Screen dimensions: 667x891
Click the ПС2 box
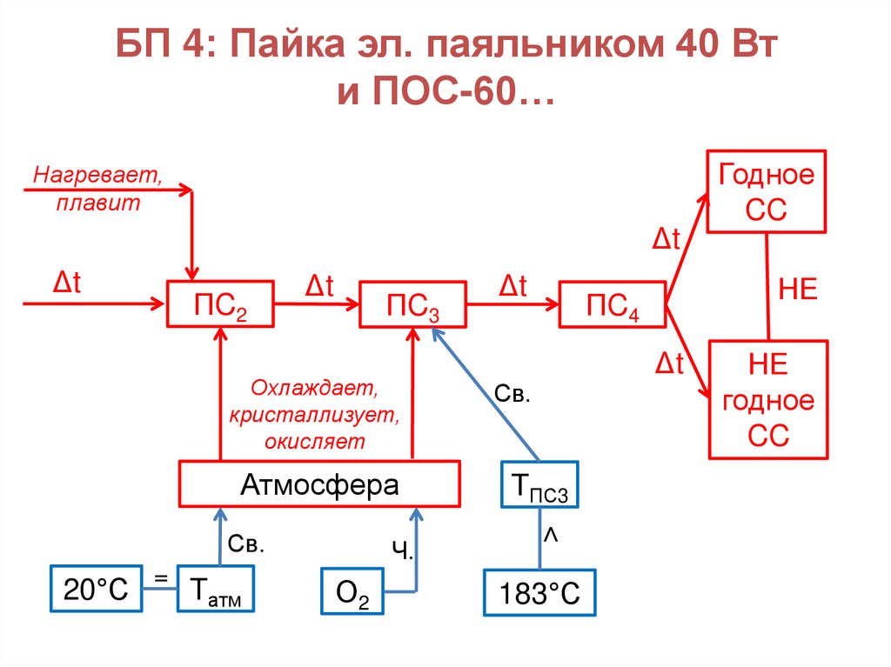tap(220, 303)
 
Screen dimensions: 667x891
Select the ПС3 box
tap(412, 303)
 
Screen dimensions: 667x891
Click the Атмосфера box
tap(319, 484)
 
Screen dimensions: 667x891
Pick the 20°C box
tap(96, 590)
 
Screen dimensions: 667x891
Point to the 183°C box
tap(539, 593)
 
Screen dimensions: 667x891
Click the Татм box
tap(216, 590)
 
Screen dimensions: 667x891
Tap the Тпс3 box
tap(538, 485)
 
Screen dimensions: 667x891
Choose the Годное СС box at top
tap(767, 191)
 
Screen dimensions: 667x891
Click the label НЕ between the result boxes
tap(798, 289)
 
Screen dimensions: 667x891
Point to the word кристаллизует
tap(314, 414)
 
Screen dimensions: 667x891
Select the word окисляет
tap(316, 442)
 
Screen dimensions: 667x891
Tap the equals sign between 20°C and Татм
tap(160, 577)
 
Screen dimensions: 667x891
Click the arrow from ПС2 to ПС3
tap(317, 303)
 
